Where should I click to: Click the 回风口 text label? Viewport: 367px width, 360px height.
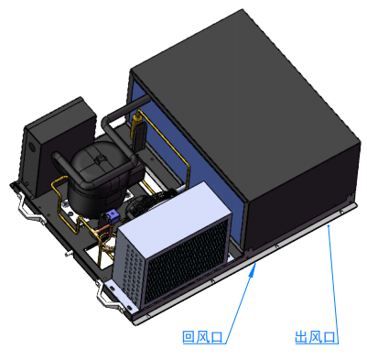click(x=202, y=337)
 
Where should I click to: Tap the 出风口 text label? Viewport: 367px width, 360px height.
click(x=315, y=337)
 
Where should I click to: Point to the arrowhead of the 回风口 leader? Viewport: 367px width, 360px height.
click(x=252, y=270)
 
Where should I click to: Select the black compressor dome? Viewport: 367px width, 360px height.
click(x=101, y=177)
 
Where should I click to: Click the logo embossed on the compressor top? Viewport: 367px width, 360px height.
click(x=98, y=159)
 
